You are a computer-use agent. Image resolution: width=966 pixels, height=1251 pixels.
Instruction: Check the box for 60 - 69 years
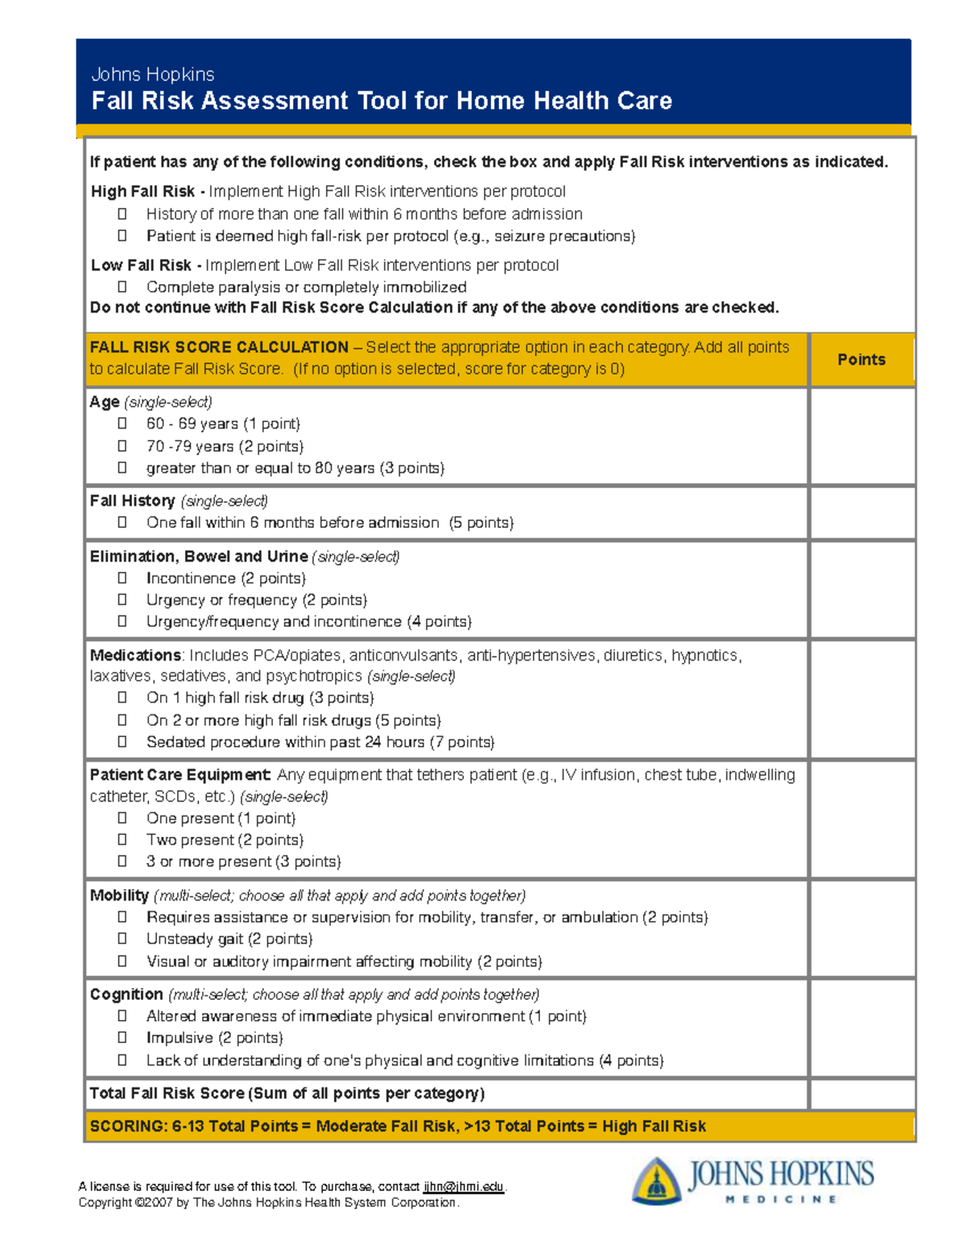point(122,423)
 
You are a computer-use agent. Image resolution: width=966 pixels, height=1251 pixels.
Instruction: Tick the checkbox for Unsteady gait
point(122,938)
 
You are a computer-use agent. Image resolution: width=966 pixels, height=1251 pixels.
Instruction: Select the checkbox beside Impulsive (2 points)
point(122,1038)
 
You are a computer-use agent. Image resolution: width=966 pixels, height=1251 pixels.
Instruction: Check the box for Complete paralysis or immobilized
point(122,287)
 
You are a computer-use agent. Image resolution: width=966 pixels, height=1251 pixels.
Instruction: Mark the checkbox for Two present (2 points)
point(122,839)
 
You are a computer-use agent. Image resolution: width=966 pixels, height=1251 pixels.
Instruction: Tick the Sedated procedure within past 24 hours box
point(122,741)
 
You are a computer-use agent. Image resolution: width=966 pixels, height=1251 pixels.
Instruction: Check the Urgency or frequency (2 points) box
point(122,599)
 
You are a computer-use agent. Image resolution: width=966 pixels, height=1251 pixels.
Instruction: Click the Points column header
point(861,359)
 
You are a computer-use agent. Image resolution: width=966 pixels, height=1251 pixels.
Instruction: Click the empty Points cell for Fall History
point(862,512)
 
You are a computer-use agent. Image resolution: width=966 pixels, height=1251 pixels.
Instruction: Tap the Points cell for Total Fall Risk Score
point(862,1094)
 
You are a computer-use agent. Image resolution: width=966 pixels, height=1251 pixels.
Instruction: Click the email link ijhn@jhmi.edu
point(463,1187)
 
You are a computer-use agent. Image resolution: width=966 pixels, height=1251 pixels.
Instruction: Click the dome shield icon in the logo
point(656,1181)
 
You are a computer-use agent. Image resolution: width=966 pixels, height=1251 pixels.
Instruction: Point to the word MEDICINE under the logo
point(781,1199)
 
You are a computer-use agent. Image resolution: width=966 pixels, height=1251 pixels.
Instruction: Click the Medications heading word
point(135,655)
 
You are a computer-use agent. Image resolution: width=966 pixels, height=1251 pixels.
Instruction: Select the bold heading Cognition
point(126,994)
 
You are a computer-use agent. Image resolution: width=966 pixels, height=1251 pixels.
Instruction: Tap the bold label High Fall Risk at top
point(142,192)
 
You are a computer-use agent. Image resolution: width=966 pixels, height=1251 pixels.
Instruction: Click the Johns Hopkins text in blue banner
point(153,75)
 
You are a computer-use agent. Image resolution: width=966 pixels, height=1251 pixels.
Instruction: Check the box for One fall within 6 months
point(122,522)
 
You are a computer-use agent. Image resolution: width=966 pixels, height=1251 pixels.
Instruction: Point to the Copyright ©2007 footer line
point(268,1203)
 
